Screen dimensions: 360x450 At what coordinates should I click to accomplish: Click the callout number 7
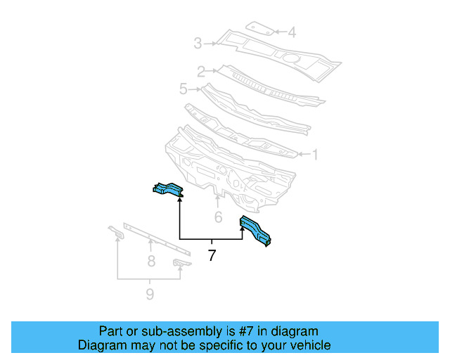click(212, 256)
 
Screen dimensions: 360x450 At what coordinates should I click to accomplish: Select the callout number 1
click(316, 154)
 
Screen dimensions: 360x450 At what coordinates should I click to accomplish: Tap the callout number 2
click(200, 71)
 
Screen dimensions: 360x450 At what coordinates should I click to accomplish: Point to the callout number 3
click(198, 44)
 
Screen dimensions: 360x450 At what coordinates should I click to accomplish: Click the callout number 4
click(291, 32)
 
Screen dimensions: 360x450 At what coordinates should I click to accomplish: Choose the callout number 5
click(183, 89)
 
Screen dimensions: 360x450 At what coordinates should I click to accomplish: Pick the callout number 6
click(218, 218)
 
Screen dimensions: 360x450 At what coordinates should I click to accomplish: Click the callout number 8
click(150, 262)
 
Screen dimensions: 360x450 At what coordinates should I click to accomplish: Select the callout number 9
click(150, 294)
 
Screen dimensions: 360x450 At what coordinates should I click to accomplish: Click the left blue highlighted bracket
click(167, 189)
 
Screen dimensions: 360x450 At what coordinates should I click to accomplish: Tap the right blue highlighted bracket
click(257, 231)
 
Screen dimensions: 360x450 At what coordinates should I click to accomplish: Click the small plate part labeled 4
click(261, 29)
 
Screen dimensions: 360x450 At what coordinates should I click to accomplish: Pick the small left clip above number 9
click(115, 232)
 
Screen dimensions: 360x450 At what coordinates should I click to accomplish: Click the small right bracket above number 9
click(181, 263)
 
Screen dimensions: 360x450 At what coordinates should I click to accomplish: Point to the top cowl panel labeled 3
click(281, 52)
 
